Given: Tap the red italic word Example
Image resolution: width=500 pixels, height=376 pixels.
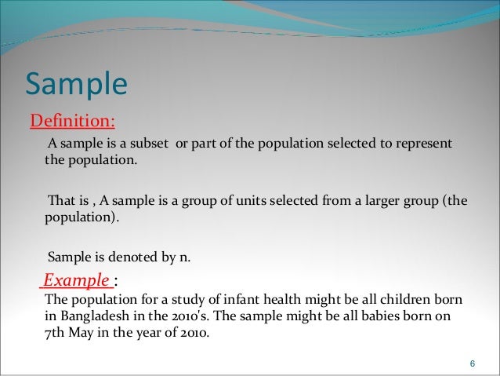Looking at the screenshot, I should (76, 280).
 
